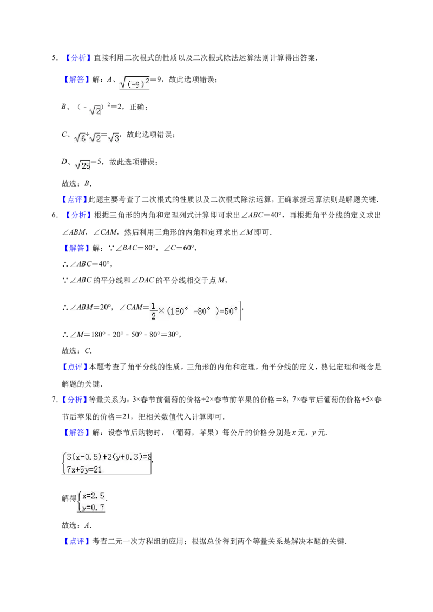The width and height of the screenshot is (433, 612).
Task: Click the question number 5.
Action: pos(54,58)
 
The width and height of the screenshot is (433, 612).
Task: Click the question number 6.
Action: pos(54,216)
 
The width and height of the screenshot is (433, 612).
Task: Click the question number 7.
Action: pos(54,400)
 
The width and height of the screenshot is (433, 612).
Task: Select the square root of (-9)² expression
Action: pos(134,82)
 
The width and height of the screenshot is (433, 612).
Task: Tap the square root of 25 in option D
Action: pos(82,165)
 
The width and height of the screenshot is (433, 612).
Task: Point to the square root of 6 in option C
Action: pos(80,137)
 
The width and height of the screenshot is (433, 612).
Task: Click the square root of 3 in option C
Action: pos(114,137)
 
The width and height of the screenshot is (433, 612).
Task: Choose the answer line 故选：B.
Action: pos(77,183)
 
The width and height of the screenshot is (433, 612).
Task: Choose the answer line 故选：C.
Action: pos(77,351)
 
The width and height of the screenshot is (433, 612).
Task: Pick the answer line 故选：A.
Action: pos(77,525)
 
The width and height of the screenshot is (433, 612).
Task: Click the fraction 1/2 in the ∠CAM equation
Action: pos(153,311)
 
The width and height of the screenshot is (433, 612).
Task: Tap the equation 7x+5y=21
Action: pos(84,469)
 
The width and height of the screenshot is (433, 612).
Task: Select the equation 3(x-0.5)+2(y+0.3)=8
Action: pos(109,457)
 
